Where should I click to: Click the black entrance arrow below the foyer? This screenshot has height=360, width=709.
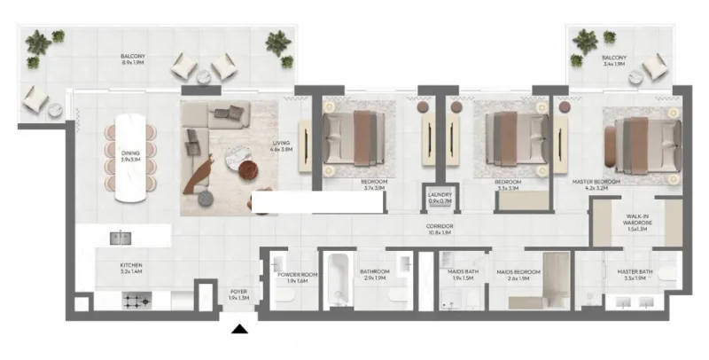[238, 332]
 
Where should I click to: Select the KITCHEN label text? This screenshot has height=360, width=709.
[131, 265]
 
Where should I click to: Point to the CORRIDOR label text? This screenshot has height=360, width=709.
[440, 227]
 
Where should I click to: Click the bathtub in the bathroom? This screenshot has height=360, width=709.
[339, 282]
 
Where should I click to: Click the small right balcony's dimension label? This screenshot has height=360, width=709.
[613, 64]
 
